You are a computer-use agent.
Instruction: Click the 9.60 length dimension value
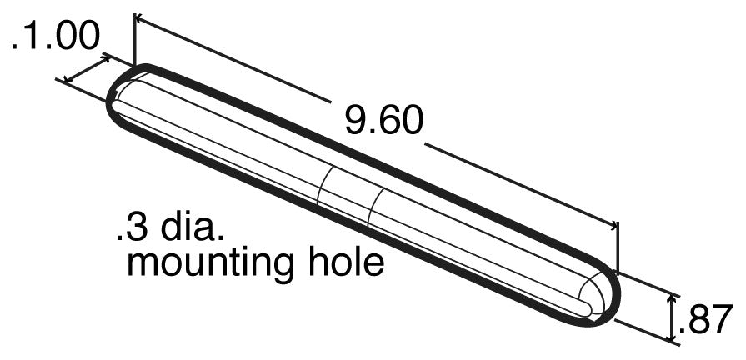384,121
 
